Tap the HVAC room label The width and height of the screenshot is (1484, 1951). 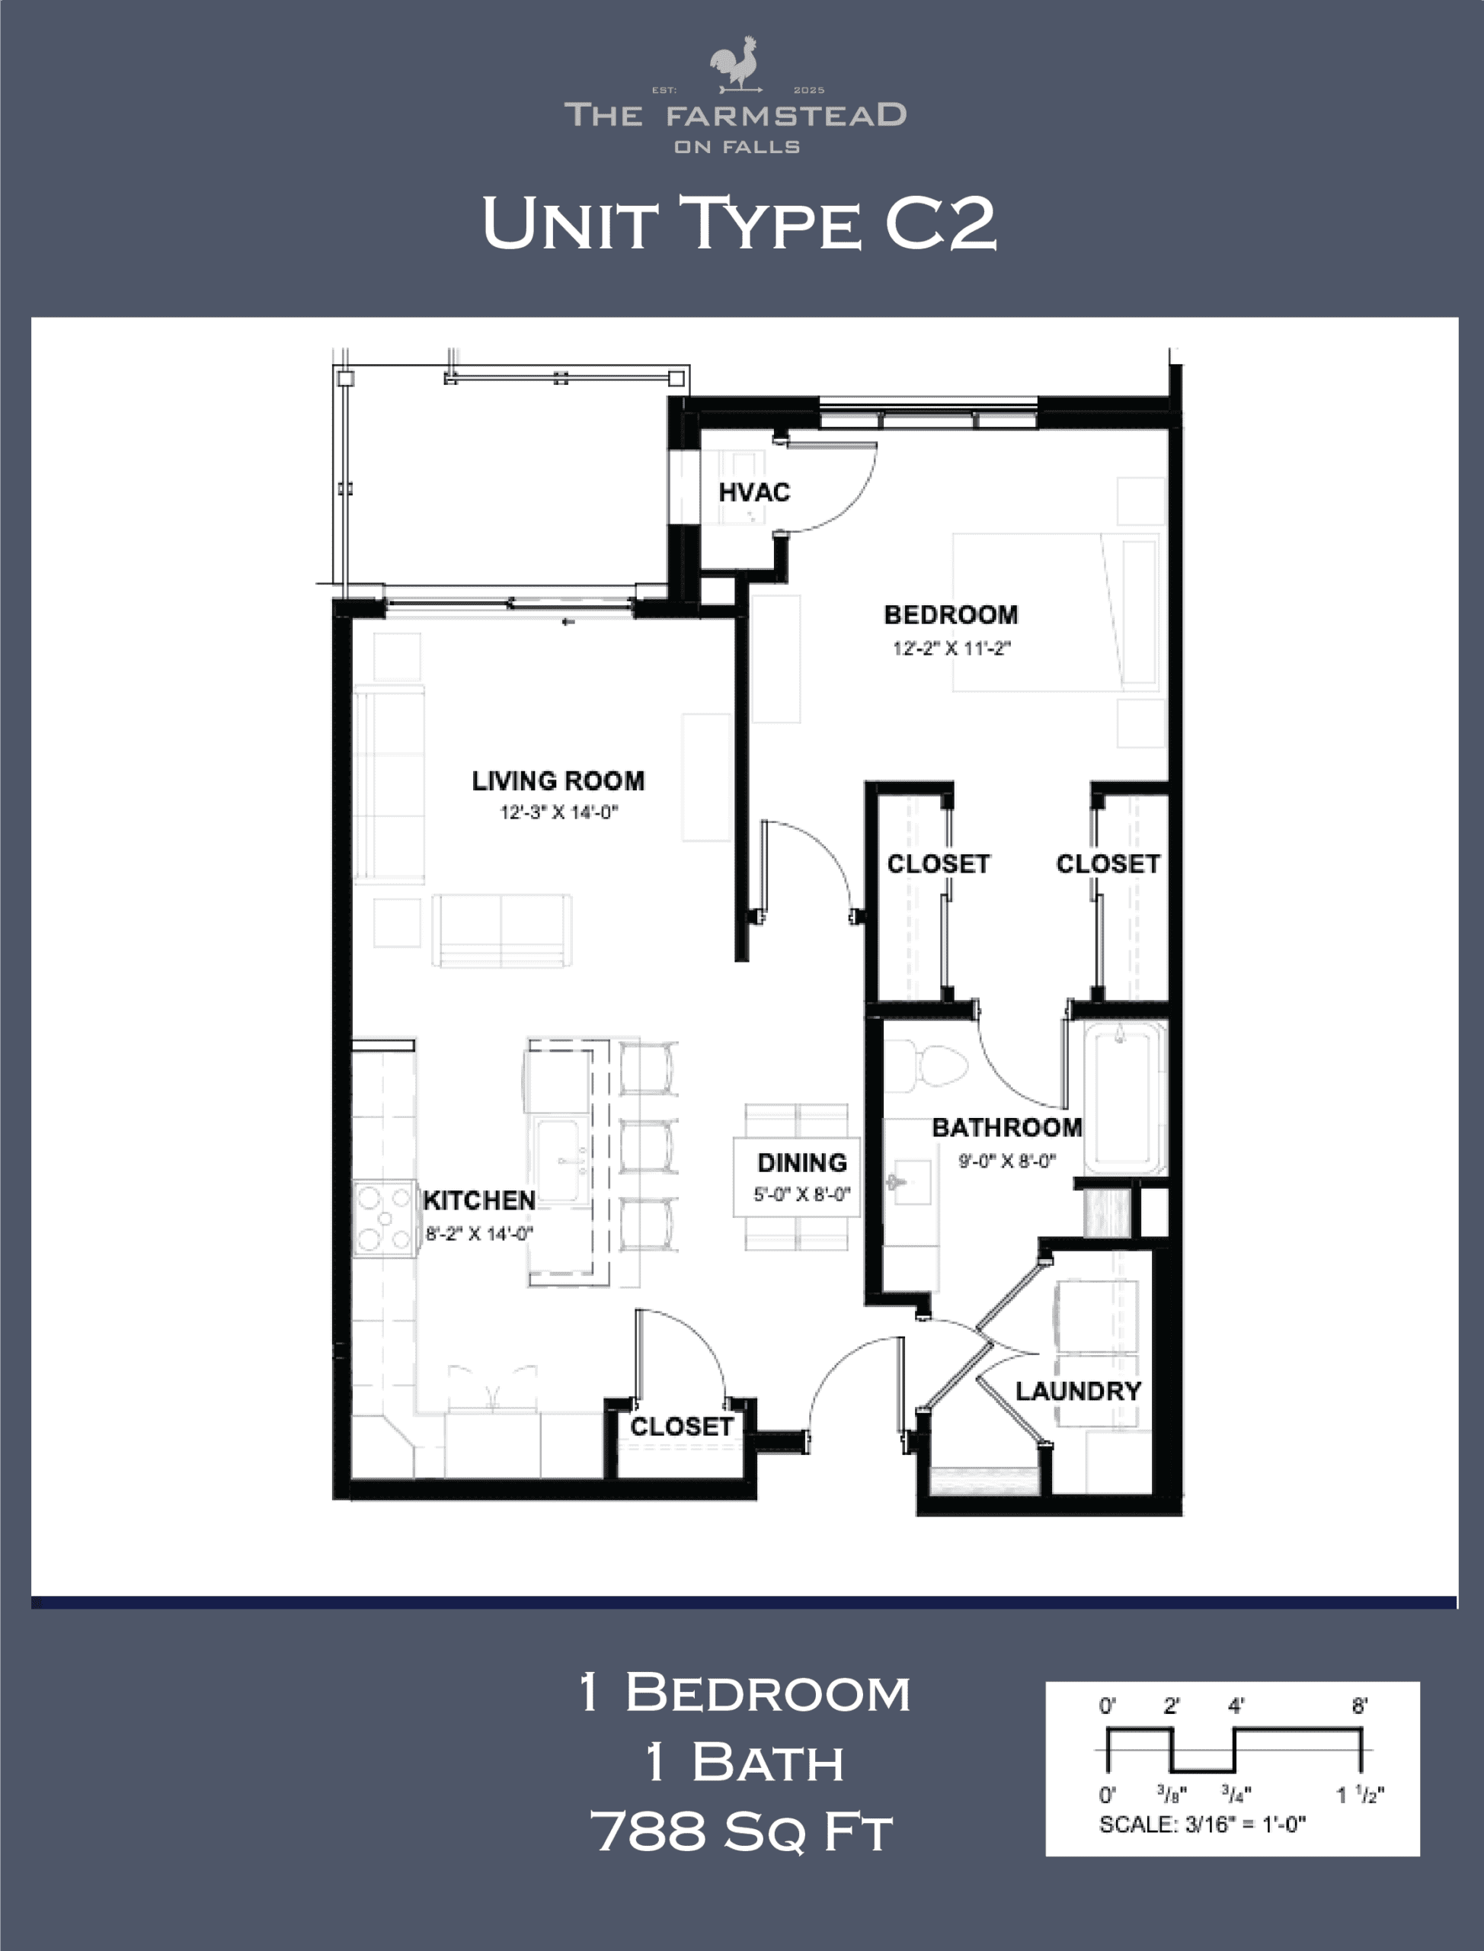pyautogui.click(x=754, y=492)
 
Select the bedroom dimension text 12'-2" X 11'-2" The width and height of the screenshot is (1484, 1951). pyautogui.click(x=951, y=648)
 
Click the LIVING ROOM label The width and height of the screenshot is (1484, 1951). pyautogui.click(x=558, y=781)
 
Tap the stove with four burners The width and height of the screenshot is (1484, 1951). pyautogui.click(x=384, y=1219)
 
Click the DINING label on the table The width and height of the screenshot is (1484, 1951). pyautogui.click(x=802, y=1162)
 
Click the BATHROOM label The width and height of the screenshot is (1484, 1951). pyautogui.click(x=1007, y=1126)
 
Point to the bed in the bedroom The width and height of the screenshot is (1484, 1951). pyautogui.click(x=1056, y=611)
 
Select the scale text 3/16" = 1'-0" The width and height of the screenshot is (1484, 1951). pyautogui.click(x=1202, y=1824)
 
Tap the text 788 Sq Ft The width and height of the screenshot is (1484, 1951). pyautogui.click(x=742, y=1831)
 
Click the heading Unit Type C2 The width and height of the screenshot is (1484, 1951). pyautogui.click(x=740, y=223)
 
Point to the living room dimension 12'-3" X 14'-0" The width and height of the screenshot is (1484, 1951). pyautogui.click(x=559, y=812)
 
